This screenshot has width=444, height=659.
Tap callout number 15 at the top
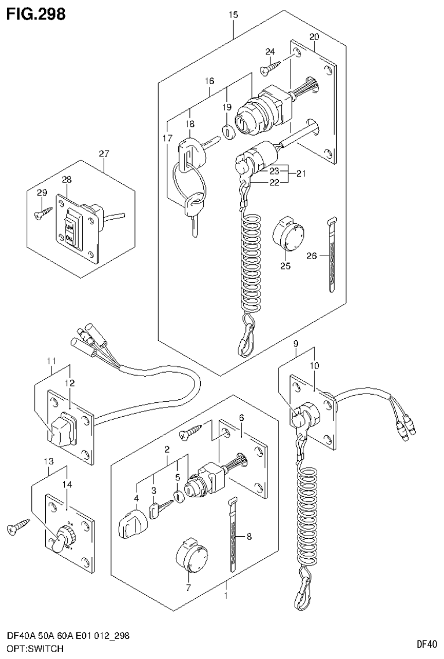233,16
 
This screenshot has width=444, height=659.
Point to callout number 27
104,154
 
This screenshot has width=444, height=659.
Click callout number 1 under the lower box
225,595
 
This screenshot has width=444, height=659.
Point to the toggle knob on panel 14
58,541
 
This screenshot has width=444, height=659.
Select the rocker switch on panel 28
70,231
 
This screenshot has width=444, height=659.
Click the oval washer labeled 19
227,132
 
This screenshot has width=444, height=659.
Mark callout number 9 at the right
295,344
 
